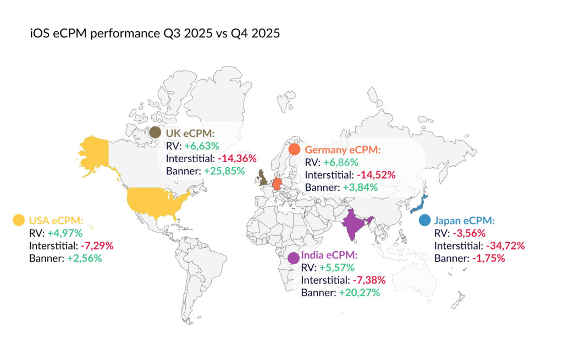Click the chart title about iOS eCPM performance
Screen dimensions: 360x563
point(155,34)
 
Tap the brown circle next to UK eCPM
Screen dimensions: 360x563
point(155,132)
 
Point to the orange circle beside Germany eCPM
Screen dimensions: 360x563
point(294,149)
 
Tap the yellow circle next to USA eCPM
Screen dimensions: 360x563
point(19,220)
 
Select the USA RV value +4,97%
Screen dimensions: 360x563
point(65,232)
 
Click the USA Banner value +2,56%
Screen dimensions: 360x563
point(85,257)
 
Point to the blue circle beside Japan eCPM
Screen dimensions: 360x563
point(424,220)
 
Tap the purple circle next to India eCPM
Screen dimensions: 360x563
point(294,257)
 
